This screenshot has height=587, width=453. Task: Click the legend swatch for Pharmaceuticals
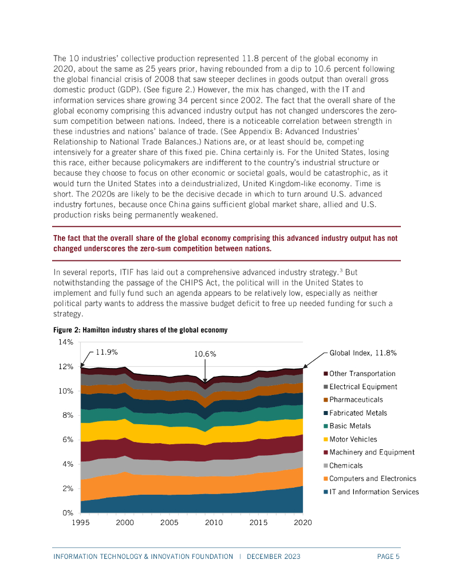325,400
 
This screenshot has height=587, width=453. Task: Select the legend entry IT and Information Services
374,492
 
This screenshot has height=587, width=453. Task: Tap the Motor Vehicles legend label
353,439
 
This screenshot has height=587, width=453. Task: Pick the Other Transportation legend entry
362,373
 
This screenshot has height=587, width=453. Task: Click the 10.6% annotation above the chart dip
205,354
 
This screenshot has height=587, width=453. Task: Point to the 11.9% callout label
107,352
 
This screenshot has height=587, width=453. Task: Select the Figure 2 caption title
140,330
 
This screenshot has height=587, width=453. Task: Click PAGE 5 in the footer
388,557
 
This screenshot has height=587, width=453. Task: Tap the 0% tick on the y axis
68,513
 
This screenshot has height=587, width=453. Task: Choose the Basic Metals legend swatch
325,426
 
